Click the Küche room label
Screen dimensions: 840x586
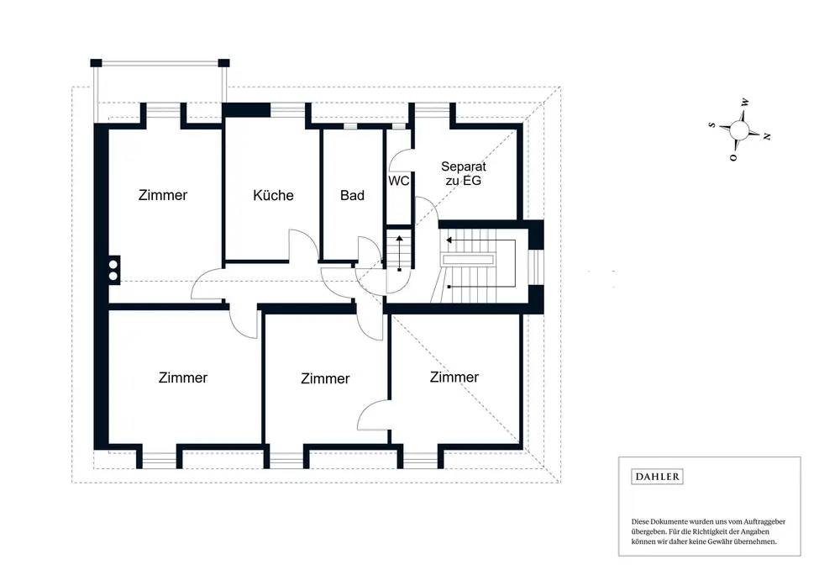click(x=273, y=195)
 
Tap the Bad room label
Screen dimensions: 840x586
click(x=352, y=196)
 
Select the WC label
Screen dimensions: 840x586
click(x=398, y=182)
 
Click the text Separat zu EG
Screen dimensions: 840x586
click(x=464, y=174)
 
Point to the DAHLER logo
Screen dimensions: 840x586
click(x=657, y=477)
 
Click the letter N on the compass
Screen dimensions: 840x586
click(x=767, y=137)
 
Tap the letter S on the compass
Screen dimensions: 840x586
click(x=712, y=125)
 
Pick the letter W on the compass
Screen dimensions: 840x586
click(x=744, y=102)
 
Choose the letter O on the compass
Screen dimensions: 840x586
click(x=733, y=157)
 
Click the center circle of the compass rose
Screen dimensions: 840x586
click(x=739, y=129)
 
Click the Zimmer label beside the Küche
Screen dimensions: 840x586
click(x=163, y=195)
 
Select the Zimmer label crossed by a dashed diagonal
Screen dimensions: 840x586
click(x=454, y=377)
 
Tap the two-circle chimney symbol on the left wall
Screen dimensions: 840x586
click(x=113, y=270)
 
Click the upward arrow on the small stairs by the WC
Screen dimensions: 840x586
click(x=399, y=252)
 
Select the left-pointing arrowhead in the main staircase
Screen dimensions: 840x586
click(x=449, y=240)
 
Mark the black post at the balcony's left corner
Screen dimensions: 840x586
click(x=96, y=63)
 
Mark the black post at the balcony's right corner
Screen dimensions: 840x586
click(x=224, y=63)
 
